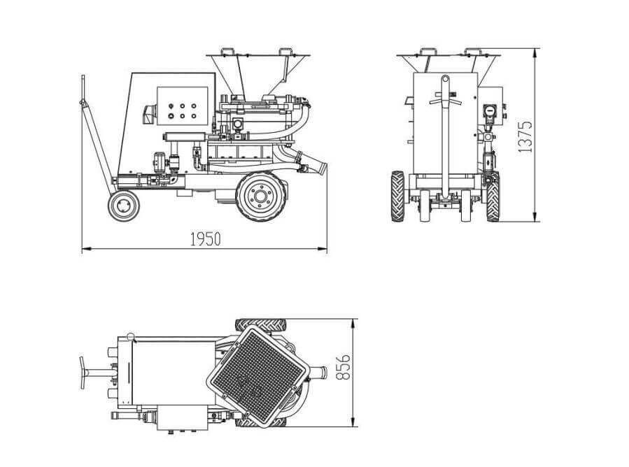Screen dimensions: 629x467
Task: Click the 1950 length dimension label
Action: [x=205, y=239]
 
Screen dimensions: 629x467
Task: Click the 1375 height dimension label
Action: [x=525, y=137]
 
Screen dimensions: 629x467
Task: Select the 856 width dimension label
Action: [x=343, y=367]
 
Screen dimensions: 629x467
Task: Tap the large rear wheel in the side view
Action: [x=261, y=196]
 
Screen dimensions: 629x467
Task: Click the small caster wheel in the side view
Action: [x=124, y=206]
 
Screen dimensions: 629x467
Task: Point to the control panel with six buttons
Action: [x=182, y=106]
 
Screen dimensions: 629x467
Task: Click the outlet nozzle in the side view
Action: [x=312, y=163]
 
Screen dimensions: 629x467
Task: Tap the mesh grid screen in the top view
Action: [x=258, y=376]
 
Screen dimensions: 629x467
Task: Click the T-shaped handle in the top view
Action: [x=94, y=373]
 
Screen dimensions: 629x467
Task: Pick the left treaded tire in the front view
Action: [x=397, y=196]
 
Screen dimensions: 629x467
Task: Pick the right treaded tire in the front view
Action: [x=493, y=196]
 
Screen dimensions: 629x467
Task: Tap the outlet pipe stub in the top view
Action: [x=319, y=372]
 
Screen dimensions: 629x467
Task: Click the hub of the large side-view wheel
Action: [x=261, y=196]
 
